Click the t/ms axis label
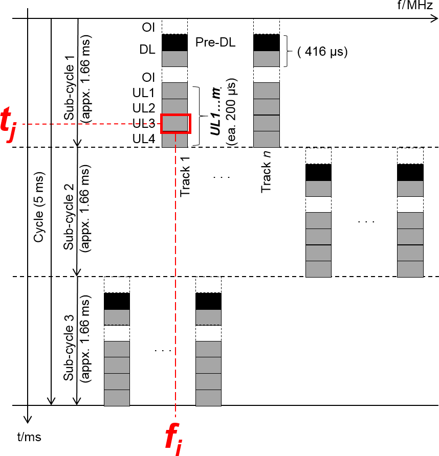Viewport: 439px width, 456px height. pos(29,437)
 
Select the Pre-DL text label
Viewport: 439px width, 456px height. pos(215,42)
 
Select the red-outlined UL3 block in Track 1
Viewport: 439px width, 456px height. pos(175,123)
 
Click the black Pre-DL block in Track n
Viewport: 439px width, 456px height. pos(267,42)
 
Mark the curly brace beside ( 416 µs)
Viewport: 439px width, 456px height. pos(288,51)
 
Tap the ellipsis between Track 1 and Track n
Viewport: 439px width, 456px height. pos(221,177)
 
